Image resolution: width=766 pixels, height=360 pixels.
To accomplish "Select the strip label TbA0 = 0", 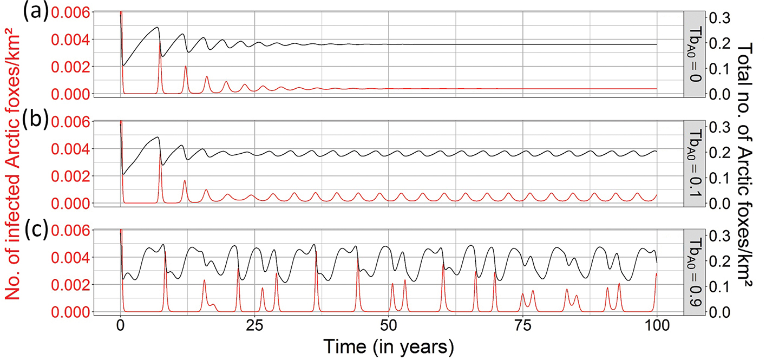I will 695,54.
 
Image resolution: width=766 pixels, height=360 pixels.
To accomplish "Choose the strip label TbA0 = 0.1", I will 695,163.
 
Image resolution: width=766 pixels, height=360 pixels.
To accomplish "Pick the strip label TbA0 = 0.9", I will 695,272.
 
